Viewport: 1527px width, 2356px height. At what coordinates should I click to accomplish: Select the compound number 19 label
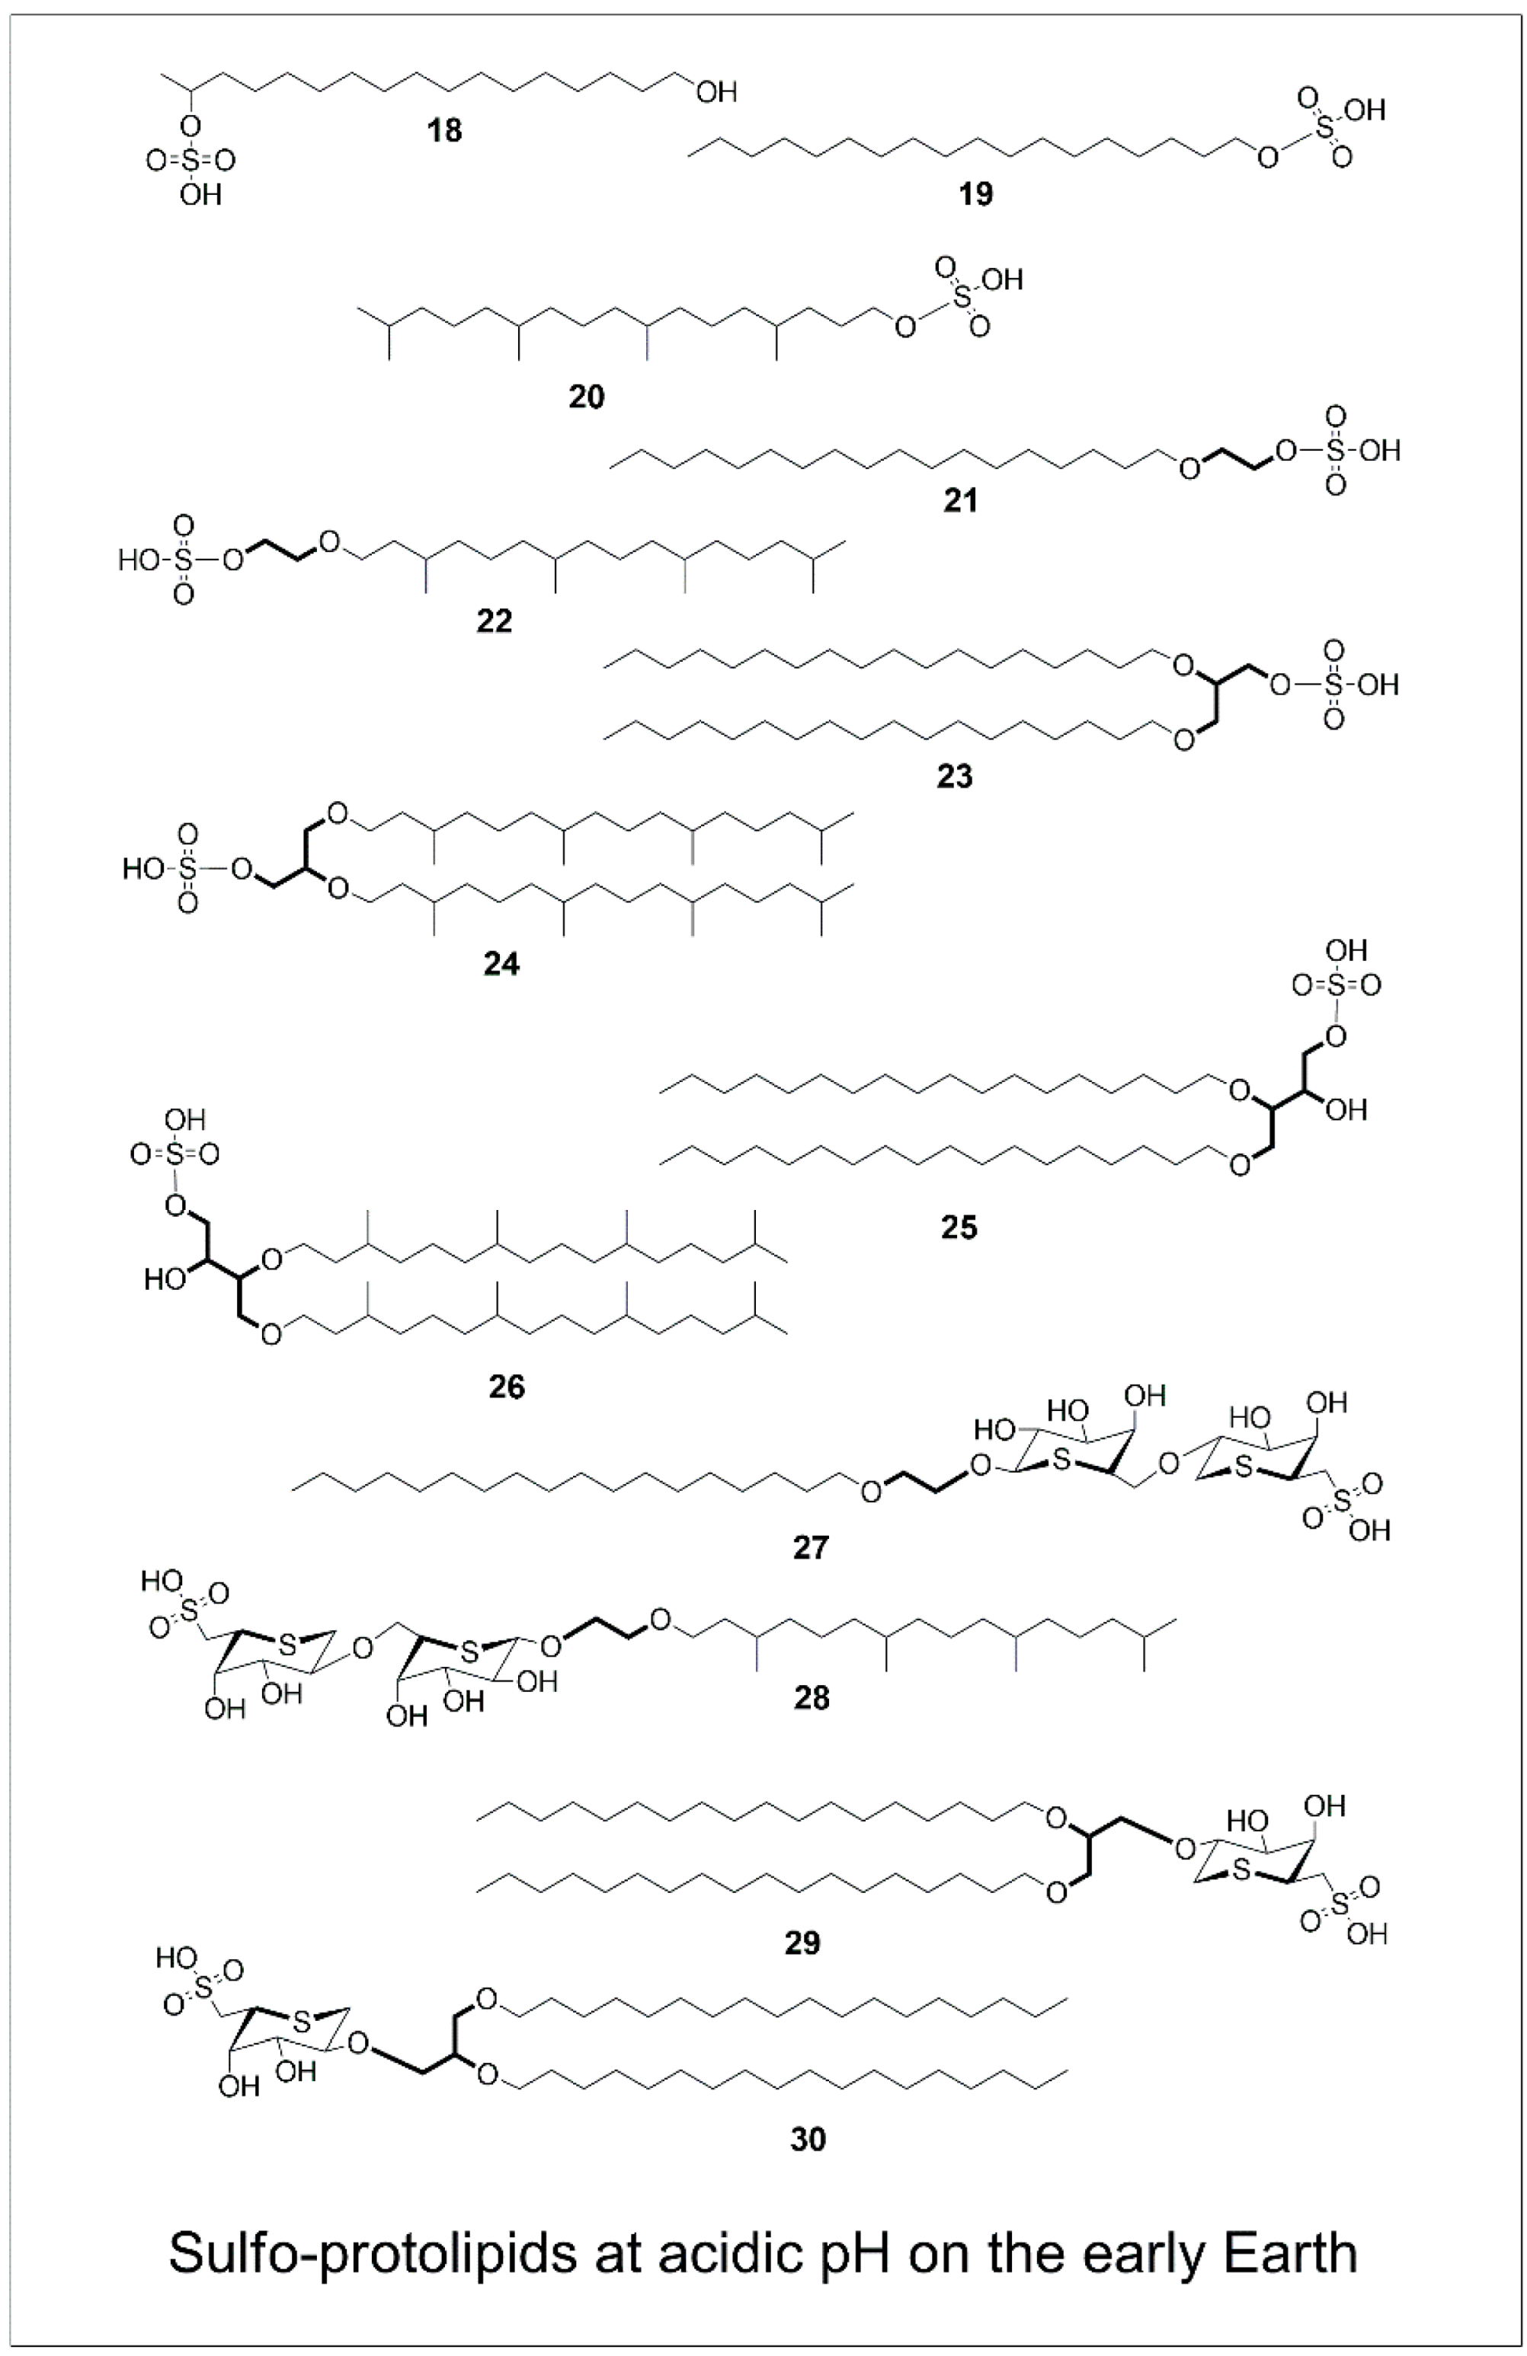[x=975, y=194]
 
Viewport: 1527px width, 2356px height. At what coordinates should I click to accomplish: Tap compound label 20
[x=586, y=397]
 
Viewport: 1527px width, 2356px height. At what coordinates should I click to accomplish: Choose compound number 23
[x=955, y=777]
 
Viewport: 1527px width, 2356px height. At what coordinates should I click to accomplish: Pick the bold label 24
[x=501, y=963]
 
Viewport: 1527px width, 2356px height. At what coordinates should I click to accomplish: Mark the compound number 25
[x=959, y=1227]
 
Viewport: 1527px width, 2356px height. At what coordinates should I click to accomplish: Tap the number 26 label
[x=506, y=1387]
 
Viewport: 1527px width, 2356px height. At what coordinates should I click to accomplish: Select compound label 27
[x=810, y=1547]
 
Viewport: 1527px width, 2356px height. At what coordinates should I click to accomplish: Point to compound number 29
[x=802, y=1943]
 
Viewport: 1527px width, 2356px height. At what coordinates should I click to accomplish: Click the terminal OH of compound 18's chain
[x=716, y=92]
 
